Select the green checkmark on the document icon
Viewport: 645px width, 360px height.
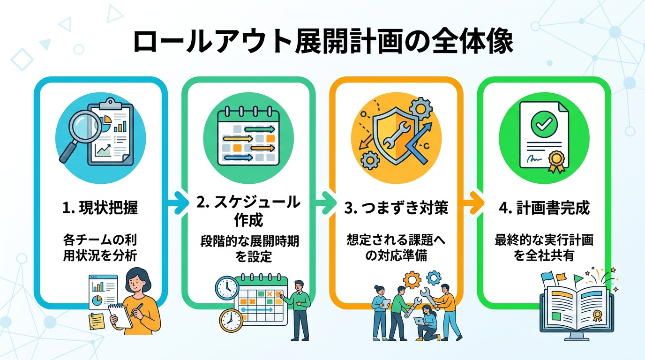tap(543, 123)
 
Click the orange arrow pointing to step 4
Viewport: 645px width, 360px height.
tap(471, 203)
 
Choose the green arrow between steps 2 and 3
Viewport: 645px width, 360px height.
tap(322, 203)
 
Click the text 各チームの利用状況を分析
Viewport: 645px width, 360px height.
tap(100, 248)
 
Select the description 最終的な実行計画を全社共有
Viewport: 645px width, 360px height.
tap(544, 248)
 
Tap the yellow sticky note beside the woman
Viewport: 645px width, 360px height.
tap(97, 321)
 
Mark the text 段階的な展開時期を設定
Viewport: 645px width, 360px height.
tap(248, 248)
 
